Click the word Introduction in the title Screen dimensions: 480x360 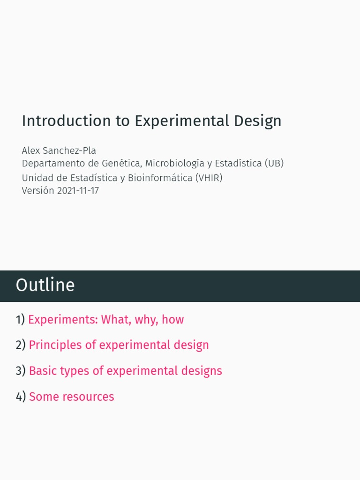pos(60,121)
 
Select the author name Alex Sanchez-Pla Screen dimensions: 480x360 pos(59,150)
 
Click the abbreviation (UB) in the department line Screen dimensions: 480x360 pos(274,164)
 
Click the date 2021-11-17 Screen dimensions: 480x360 pos(78,191)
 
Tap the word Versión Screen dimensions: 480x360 pos(38,191)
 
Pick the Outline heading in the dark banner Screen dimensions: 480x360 pos(45,285)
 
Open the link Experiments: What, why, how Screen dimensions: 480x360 pos(106,320)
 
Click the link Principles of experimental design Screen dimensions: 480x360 pos(119,345)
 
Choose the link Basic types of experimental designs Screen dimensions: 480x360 pos(125,371)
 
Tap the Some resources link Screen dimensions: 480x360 pos(71,397)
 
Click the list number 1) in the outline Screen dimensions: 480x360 pos(20,320)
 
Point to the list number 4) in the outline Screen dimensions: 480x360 pos(21,397)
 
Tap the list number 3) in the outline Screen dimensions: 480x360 pos(21,371)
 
